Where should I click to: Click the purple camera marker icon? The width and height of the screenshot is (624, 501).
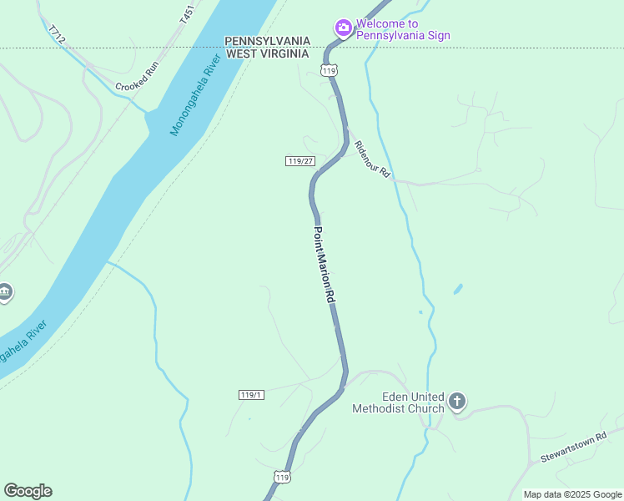(x=343, y=28)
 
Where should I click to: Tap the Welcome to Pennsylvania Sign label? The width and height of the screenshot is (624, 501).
(x=403, y=29)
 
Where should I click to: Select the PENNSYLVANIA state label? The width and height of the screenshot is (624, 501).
(x=267, y=41)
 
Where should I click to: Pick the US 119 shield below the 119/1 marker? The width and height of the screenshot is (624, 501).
(x=282, y=477)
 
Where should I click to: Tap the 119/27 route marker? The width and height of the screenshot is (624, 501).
(x=299, y=160)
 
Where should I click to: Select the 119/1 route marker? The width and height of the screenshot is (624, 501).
(x=251, y=394)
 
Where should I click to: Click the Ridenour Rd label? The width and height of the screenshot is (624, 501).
(x=372, y=159)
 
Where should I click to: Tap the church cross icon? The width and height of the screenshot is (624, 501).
(x=456, y=402)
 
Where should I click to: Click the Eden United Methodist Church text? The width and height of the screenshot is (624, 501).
(x=399, y=402)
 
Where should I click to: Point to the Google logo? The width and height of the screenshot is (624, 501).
(x=28, y=491)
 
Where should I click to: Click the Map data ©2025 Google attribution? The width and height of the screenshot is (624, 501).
(x=572, y=494)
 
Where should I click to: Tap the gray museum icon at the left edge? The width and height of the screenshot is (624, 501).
(x=4, y=291)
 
